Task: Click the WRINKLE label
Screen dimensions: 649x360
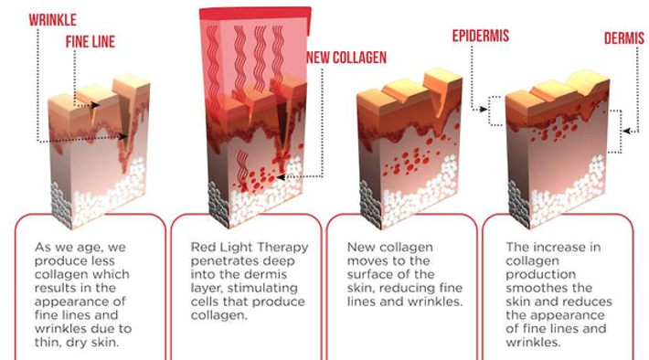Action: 53,20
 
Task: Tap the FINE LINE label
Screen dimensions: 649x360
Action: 90,42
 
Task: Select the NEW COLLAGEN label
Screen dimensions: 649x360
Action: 346,58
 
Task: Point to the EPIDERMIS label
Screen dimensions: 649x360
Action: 481,36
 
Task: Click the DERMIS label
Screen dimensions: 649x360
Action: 624,38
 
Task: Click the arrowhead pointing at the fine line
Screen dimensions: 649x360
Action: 95,105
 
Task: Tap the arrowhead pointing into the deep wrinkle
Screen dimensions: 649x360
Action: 123,136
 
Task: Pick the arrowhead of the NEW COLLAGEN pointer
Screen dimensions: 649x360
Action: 281,177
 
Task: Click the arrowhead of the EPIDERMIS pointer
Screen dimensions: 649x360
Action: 483,110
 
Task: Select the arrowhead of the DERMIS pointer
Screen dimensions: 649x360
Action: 627,132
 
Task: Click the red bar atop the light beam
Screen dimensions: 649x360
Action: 255,14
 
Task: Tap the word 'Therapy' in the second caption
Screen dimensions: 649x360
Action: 288,248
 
